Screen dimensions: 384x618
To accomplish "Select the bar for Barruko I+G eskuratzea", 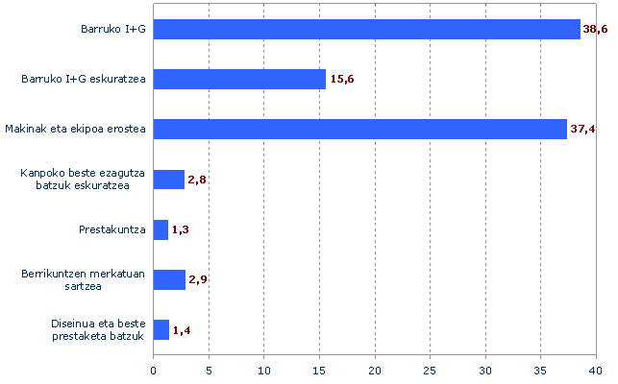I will point(239,79).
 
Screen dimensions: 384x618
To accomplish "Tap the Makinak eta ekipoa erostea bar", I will point(360,129).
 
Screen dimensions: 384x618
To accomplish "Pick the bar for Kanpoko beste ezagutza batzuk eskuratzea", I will point(169,180).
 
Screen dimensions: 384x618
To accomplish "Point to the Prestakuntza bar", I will point(161,229).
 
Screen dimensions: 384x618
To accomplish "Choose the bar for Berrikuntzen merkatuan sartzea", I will point(169,279).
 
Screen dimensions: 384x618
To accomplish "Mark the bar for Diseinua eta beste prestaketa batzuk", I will point(161,330).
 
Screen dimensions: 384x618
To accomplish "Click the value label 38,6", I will point(596,30).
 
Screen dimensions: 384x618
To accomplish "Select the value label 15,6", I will point(343,80).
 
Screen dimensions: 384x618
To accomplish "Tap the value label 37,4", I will point(583,130).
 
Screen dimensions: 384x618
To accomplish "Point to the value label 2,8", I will point(198,180).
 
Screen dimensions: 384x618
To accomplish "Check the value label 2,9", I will point(199,280).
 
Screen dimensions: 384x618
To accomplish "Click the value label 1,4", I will point(183,331).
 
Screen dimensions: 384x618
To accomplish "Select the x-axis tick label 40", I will point(596,370).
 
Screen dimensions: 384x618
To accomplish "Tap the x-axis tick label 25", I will point(431,370).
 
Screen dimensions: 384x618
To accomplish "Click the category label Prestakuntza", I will point(111,229).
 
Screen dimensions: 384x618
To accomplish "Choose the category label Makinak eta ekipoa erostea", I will point(75,129).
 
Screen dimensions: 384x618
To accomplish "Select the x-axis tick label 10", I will point(264,370).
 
